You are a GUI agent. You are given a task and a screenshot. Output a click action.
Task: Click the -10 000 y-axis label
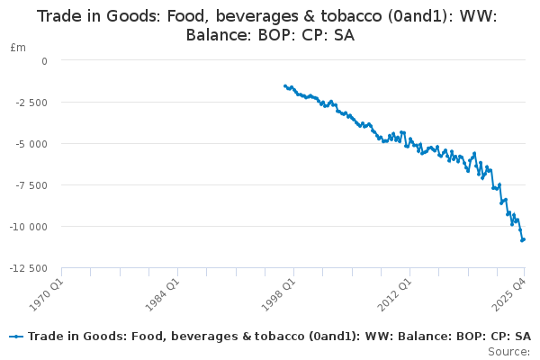[31, 227]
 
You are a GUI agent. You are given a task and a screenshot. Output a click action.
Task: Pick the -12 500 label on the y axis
[31, 268]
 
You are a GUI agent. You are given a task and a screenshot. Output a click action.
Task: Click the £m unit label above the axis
[18, 47]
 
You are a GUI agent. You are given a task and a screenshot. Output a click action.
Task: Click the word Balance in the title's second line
[215, 35]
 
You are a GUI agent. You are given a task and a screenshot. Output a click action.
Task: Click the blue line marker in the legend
[16, 337]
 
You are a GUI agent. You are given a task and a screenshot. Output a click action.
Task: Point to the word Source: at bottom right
[509, 351]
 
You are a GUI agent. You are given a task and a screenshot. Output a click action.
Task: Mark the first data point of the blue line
[285, 85]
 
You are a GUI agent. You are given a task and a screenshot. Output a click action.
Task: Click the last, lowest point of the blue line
[522, 240]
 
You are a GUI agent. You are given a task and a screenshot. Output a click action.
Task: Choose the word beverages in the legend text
[184, 337]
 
